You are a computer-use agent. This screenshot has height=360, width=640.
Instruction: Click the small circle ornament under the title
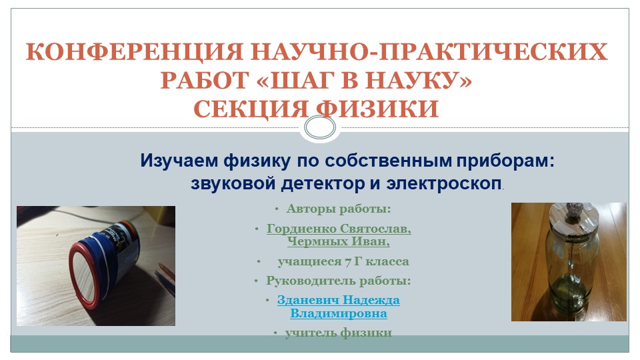coord(319,127)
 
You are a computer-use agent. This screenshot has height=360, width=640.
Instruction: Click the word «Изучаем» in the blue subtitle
coord(177,161)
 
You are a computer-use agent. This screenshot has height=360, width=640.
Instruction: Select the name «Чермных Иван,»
coord(339,241)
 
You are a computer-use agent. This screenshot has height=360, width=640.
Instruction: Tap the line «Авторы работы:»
coord(339,209)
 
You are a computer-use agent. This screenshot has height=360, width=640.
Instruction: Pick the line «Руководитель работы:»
coord(339,281)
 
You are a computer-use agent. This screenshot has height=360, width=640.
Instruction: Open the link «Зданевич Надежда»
coord(339,300)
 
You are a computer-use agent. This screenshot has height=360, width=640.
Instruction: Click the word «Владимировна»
coord(339,313)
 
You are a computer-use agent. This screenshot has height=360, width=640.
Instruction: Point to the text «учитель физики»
coord(339,333)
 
